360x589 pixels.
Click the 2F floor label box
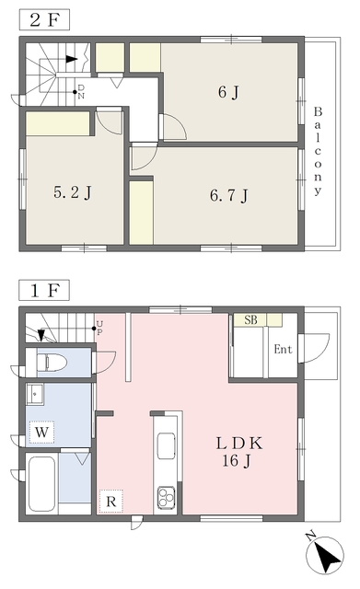(44, 19)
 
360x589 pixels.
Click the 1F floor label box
(44, 290)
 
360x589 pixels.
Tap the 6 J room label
(229, 92)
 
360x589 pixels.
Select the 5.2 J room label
(73, 192)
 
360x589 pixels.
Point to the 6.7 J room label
(229, 196)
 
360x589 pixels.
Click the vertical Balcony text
(318, 151)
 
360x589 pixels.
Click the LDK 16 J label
(239, 452)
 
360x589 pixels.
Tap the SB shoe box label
(250, 320)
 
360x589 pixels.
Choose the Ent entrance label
(283, 350)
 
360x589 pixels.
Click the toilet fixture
(52, 363)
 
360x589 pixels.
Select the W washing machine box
(41, 432)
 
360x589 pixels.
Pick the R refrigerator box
(110, 501)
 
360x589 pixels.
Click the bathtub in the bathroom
(41, 483)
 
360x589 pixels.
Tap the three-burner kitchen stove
(166, 497)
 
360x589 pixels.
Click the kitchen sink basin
(166, 445)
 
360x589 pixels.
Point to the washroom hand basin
(35, 394)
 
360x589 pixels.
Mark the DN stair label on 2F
(81, 92)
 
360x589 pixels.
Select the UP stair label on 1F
(99, 328)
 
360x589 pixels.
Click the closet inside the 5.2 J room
(58, 123)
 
